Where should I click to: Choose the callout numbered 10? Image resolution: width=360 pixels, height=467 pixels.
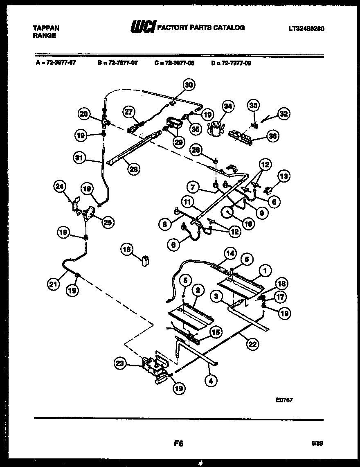(x=248, y=224)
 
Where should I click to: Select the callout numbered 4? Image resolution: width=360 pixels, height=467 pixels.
(x=211, y=380)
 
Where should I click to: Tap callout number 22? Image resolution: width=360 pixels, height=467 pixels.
(x=252, y=344)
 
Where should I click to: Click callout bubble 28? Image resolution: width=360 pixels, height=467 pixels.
(x=132, y=169)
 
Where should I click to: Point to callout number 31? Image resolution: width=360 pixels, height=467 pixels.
(x=81, y=158)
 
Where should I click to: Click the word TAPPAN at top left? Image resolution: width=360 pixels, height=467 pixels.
(x=45, y=28)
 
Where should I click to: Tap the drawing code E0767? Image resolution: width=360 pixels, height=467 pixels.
(x=284, y=401)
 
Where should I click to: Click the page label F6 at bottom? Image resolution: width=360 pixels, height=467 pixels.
(x=178, y=443)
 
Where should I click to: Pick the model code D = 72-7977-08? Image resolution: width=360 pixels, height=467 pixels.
(x=231, y=63)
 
